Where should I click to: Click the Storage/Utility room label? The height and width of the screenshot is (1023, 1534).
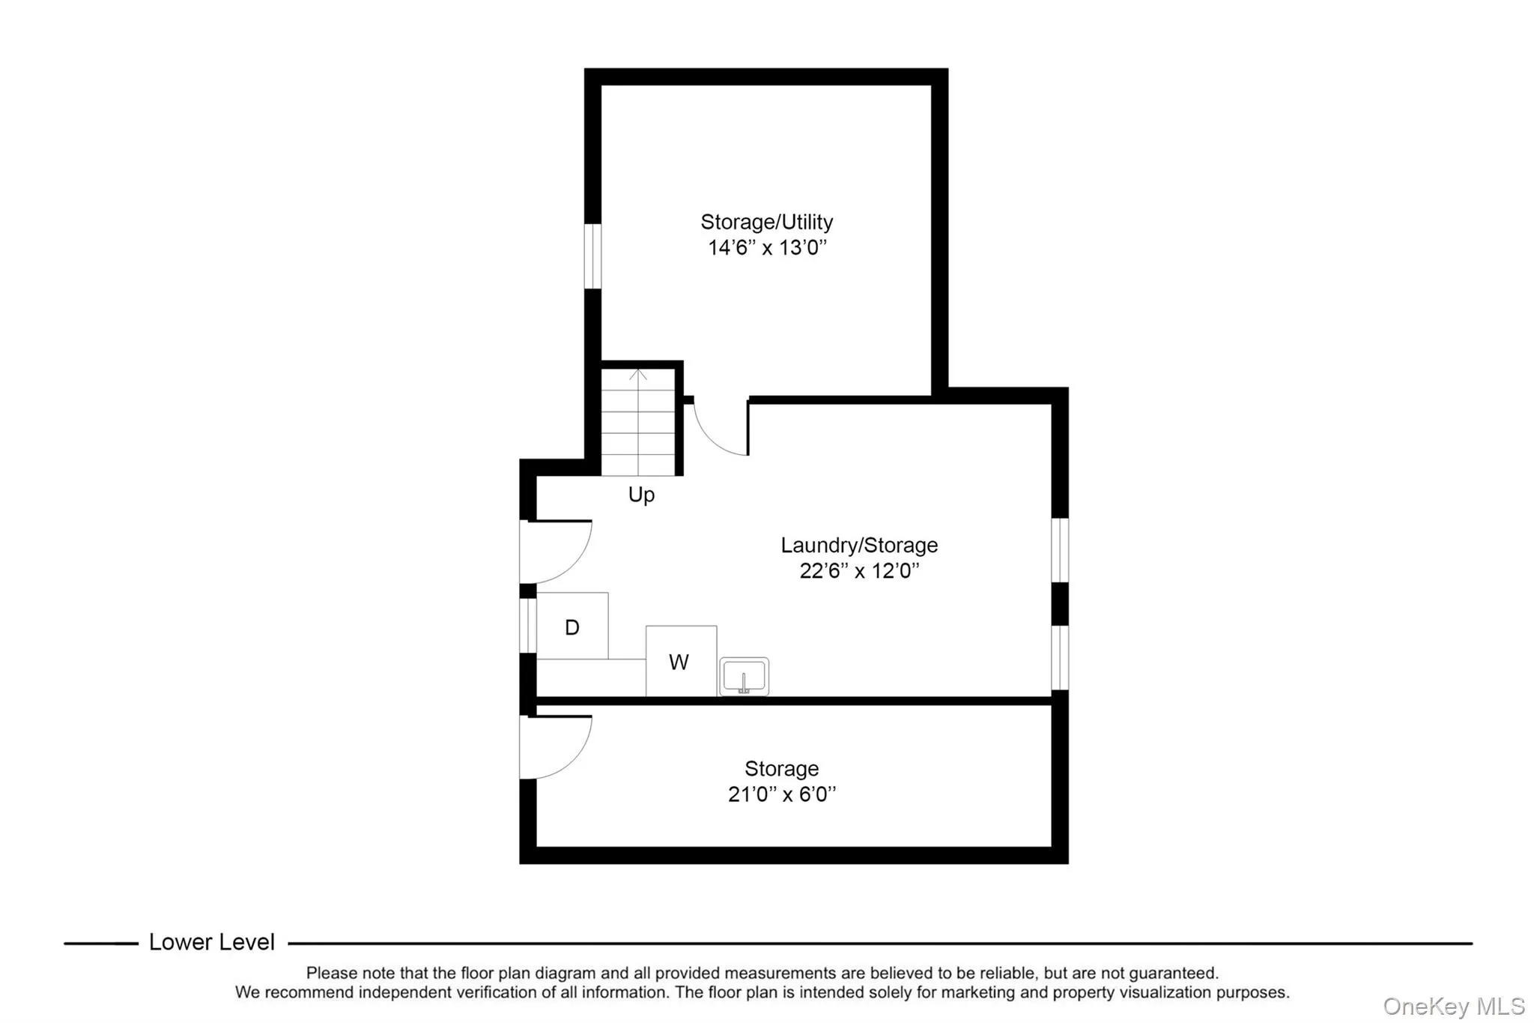(766, 222)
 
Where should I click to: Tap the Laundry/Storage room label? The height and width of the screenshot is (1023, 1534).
(858, 545)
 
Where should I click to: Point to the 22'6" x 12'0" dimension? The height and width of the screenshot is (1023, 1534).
(858, 571)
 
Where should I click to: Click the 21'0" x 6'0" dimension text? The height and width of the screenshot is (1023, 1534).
(781, 794)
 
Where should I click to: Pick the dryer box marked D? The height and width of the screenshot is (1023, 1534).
(572, 627)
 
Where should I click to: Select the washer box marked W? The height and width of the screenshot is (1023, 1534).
(680, 661)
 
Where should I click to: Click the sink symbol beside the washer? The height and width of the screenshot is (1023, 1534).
(744, 677)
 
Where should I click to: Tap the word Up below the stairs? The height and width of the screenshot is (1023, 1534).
(641, 495)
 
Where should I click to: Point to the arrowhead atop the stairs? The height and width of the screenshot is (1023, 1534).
(638, 372)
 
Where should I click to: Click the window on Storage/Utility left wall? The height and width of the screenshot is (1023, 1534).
(592, 256)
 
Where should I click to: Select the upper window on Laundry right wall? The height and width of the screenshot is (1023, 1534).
(1060, 549)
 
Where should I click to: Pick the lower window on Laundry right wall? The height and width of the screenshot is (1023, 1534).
(1060, 657)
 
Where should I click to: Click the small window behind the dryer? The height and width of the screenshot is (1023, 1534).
(528, 626)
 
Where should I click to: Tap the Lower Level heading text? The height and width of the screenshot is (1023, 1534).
(212, 942)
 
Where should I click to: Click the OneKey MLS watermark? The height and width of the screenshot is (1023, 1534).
(1454, 1006)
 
